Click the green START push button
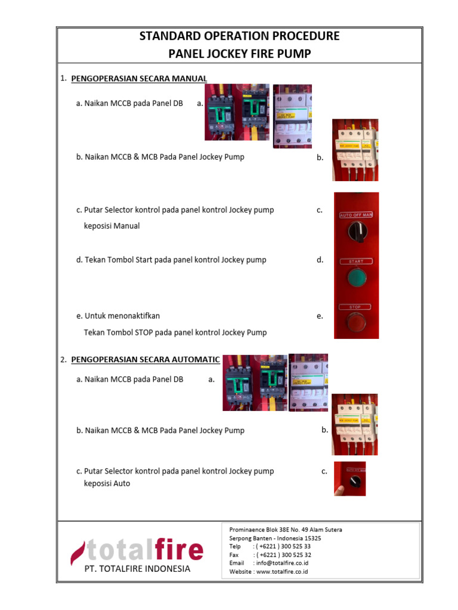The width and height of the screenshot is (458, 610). point(356,278)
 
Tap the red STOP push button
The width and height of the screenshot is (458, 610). point(355,323)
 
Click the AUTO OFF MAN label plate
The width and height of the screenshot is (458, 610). point(356,214)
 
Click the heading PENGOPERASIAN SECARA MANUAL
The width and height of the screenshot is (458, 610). point(139,79)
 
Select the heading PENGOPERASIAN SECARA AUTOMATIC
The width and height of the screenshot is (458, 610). point(146,360)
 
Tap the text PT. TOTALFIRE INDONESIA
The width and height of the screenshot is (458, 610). point(137,569)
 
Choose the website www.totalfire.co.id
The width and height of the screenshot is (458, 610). point(283,572)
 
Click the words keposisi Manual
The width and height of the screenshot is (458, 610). point(112,226)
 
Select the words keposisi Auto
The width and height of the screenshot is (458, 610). point(107,484)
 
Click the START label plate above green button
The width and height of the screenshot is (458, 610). point(356,261)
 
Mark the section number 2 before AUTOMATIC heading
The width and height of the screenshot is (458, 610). point(63,360)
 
